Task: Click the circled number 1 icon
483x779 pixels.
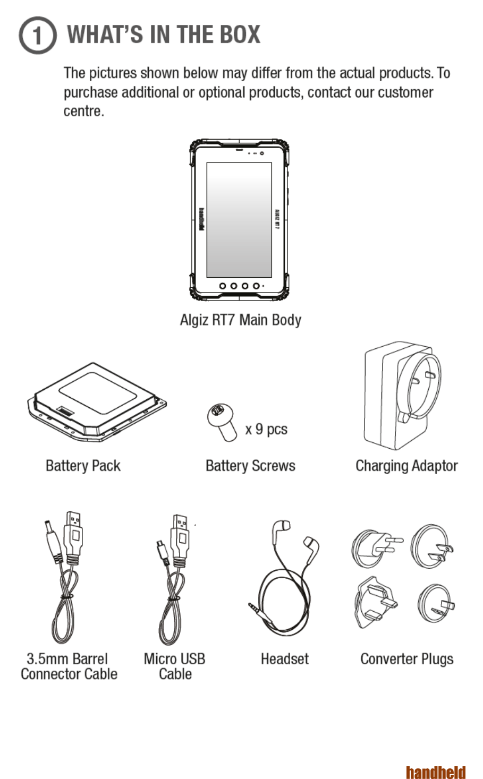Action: [x=37, y=36]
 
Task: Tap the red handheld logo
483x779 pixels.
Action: [x=435, y=772]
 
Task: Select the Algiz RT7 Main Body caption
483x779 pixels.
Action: [x=240, y=320]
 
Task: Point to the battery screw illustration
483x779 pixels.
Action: [x=222, y=422]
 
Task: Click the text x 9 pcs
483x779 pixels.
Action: [x=266, y=429]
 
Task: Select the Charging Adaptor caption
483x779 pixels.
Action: [x=406, y=466]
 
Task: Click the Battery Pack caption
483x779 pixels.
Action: [x=83, y=466]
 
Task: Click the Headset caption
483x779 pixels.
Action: [x=284, y=659]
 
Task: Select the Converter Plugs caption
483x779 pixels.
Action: [x=406, y=659]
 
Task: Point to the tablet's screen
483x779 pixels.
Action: [x=239, y=219]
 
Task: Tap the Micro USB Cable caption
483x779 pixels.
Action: [x=175, y=666]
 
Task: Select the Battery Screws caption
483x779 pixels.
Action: [x=250, y=466]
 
